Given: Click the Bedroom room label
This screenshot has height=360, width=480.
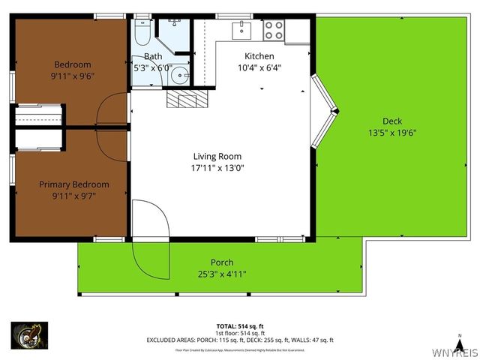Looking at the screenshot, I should coord(72,64).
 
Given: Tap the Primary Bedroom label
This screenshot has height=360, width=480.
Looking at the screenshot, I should coord(73,184).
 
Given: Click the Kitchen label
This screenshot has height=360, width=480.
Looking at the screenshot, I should coord(259,56).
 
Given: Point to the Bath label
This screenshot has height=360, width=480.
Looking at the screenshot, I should coord(153,56).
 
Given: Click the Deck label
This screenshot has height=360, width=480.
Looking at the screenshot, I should coord(392,121).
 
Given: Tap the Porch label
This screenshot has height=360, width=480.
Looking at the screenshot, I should coord(221,262).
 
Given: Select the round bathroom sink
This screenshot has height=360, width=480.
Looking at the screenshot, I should coord(179,75).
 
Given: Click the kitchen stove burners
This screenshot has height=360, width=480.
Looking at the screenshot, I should coord(274,31).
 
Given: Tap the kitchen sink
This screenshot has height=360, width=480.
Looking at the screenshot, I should coord(241,30).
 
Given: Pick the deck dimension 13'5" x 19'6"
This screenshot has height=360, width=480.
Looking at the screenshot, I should coord(392,133).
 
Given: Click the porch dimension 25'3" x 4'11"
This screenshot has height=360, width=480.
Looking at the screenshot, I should coord(221,274).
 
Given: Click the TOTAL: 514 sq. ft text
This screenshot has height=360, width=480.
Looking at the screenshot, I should coord(239,326).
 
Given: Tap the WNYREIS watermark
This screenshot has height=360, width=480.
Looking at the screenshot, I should coord(455,352).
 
